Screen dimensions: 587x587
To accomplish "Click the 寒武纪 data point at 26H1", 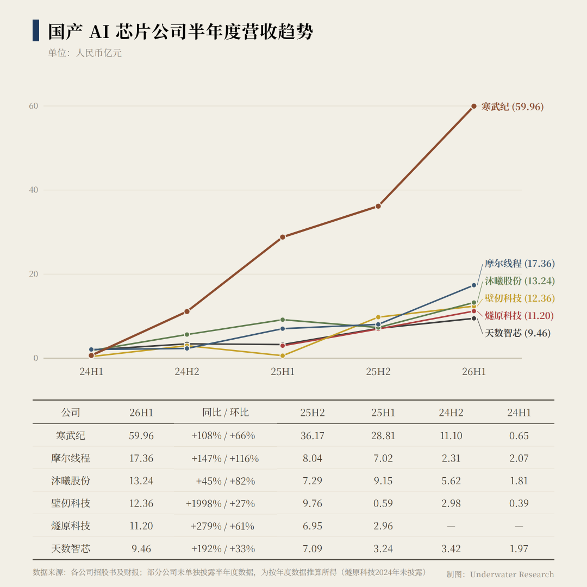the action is pyautogui.click(x=473, y=107).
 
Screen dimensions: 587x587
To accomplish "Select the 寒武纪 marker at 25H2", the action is pyautogui.click(x=378, y=207).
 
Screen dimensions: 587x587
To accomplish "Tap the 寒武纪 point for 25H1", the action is pyautogui.click(x=283, y=237).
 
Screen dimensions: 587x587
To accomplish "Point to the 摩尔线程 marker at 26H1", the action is pyautogui.click(x=473, y=285).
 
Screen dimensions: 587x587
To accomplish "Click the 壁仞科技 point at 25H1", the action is pyautogui.click(x=283, y=355).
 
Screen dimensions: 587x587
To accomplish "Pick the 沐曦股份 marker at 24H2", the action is pyautogui.click(x=187, y=335).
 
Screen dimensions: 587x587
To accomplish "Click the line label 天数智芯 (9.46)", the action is pyautogui.click(x=518, y=333).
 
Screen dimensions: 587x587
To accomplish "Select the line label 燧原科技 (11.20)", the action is pyautogui.click(x=519, y=316).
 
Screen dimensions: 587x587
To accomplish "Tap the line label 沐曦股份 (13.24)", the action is pyautogui.click(x=520, y=281).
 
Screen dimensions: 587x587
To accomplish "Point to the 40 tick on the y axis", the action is pyautogui.click(x=34, y=190).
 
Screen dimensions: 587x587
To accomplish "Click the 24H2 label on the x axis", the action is pyautogui.click(x=187, y=372).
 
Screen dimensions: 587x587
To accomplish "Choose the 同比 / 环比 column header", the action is pyautogui.click(x=226, y=412).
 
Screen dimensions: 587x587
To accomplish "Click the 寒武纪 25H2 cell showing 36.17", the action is pyautogui.click(x=312, y=436).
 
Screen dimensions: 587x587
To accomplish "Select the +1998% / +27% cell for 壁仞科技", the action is pyautogui.click(x=220, y=503).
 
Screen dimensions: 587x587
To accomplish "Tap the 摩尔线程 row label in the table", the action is pyautogui.click(x=71, y=458).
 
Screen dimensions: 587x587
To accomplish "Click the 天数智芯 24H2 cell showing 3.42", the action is pyautogui.click(x=451, y=549).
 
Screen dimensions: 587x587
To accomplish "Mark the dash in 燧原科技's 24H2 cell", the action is pyautogui.click(x=451, y=527).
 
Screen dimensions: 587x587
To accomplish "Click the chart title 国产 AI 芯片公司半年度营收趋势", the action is pyautogui.click(x=180, y=32).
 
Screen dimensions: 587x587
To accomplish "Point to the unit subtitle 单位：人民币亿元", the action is pyautogui.click(x=85, y=53).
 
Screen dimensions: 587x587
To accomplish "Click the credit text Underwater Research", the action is pyautogui.click(x=512, y=574).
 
